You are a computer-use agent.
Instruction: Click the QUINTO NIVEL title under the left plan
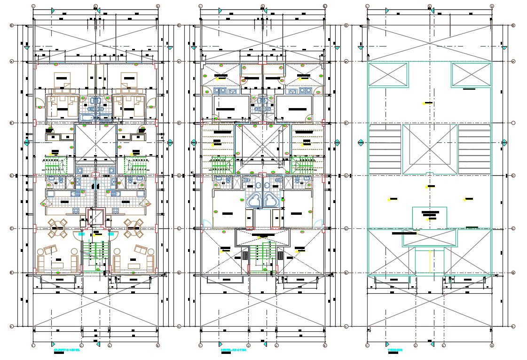point(67,350)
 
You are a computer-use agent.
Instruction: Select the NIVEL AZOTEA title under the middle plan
point(233,350)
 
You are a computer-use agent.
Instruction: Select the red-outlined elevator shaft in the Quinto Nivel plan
point(95,219)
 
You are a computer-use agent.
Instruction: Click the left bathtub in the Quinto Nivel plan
point(88,117)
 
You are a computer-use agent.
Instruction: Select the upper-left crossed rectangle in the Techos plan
point(388,74)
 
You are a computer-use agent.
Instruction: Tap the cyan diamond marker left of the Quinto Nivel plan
point(27,142)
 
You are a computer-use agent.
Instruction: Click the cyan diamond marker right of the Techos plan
point(504,142)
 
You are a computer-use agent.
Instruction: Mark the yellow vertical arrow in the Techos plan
point(430,261)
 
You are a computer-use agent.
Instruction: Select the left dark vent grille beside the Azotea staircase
point(245,256)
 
